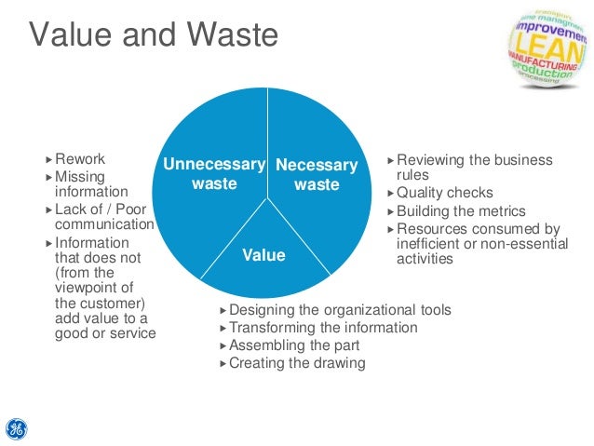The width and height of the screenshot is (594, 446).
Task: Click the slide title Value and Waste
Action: click(x=154, y=35)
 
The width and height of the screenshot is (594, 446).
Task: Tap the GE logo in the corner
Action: click(x=16, y=428)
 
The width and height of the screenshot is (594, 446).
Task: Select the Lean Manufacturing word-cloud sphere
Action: click(x=548, y=46)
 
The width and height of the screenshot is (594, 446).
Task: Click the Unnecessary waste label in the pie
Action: click(x=214, y=174)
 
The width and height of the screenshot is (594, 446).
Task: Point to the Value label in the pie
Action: click(x=264, y=254)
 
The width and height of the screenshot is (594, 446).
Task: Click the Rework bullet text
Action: click(x=80, y=159)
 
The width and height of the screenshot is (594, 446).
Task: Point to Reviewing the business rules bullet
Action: click(x=474, y=168)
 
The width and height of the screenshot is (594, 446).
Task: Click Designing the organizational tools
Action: click(x=340, y=310)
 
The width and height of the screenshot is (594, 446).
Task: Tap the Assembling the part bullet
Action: click(x=294, y=345)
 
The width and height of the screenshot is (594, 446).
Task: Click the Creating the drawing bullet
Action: click(x=297, y=363)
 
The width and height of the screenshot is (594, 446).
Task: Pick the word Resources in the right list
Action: click(x=429, y=229)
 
